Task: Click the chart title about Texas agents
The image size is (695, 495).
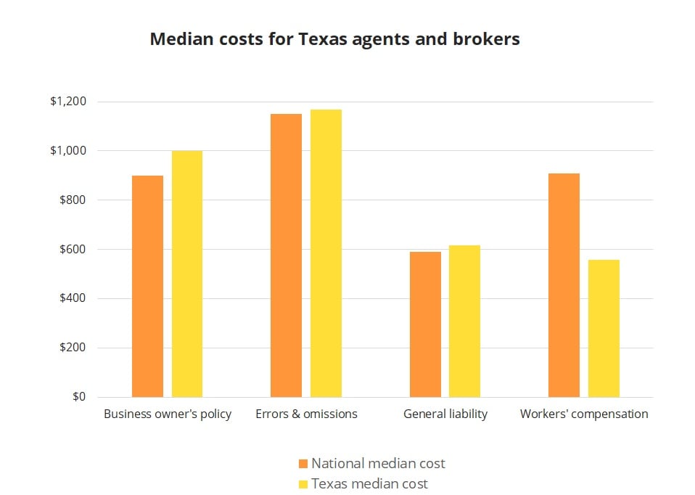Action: tap(334, 39)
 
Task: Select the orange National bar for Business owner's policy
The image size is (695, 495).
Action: tap(147, 286)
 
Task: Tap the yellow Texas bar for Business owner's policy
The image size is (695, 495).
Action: tap(187, 274)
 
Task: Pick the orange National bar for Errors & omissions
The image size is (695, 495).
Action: tap(286, 255)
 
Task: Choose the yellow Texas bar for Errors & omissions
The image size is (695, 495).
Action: tap(326, 253)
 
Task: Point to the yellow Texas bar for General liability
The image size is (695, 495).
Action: tap(464, 321)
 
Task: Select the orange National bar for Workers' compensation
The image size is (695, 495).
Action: tap(564, 285)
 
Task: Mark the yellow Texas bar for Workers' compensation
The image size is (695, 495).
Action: tap(604, 328)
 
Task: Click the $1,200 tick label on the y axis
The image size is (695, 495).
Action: tap(67, 102)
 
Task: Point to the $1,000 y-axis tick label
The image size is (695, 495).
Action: tap(67, 151)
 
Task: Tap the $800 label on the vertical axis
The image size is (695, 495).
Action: tap(72, 200)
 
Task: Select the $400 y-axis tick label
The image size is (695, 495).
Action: tap(72, 298)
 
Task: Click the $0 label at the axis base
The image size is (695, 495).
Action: tap(78, 397)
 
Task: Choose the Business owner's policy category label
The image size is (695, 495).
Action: tap(168, 414)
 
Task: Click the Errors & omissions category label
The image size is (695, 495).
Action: tap(306, 414)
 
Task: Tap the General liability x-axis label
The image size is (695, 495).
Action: tap(445, 414)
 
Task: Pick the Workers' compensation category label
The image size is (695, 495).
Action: tap(584, 414)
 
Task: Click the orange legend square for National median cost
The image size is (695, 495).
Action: tap(303, 463)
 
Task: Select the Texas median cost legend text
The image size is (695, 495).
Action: tap(369, 483)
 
